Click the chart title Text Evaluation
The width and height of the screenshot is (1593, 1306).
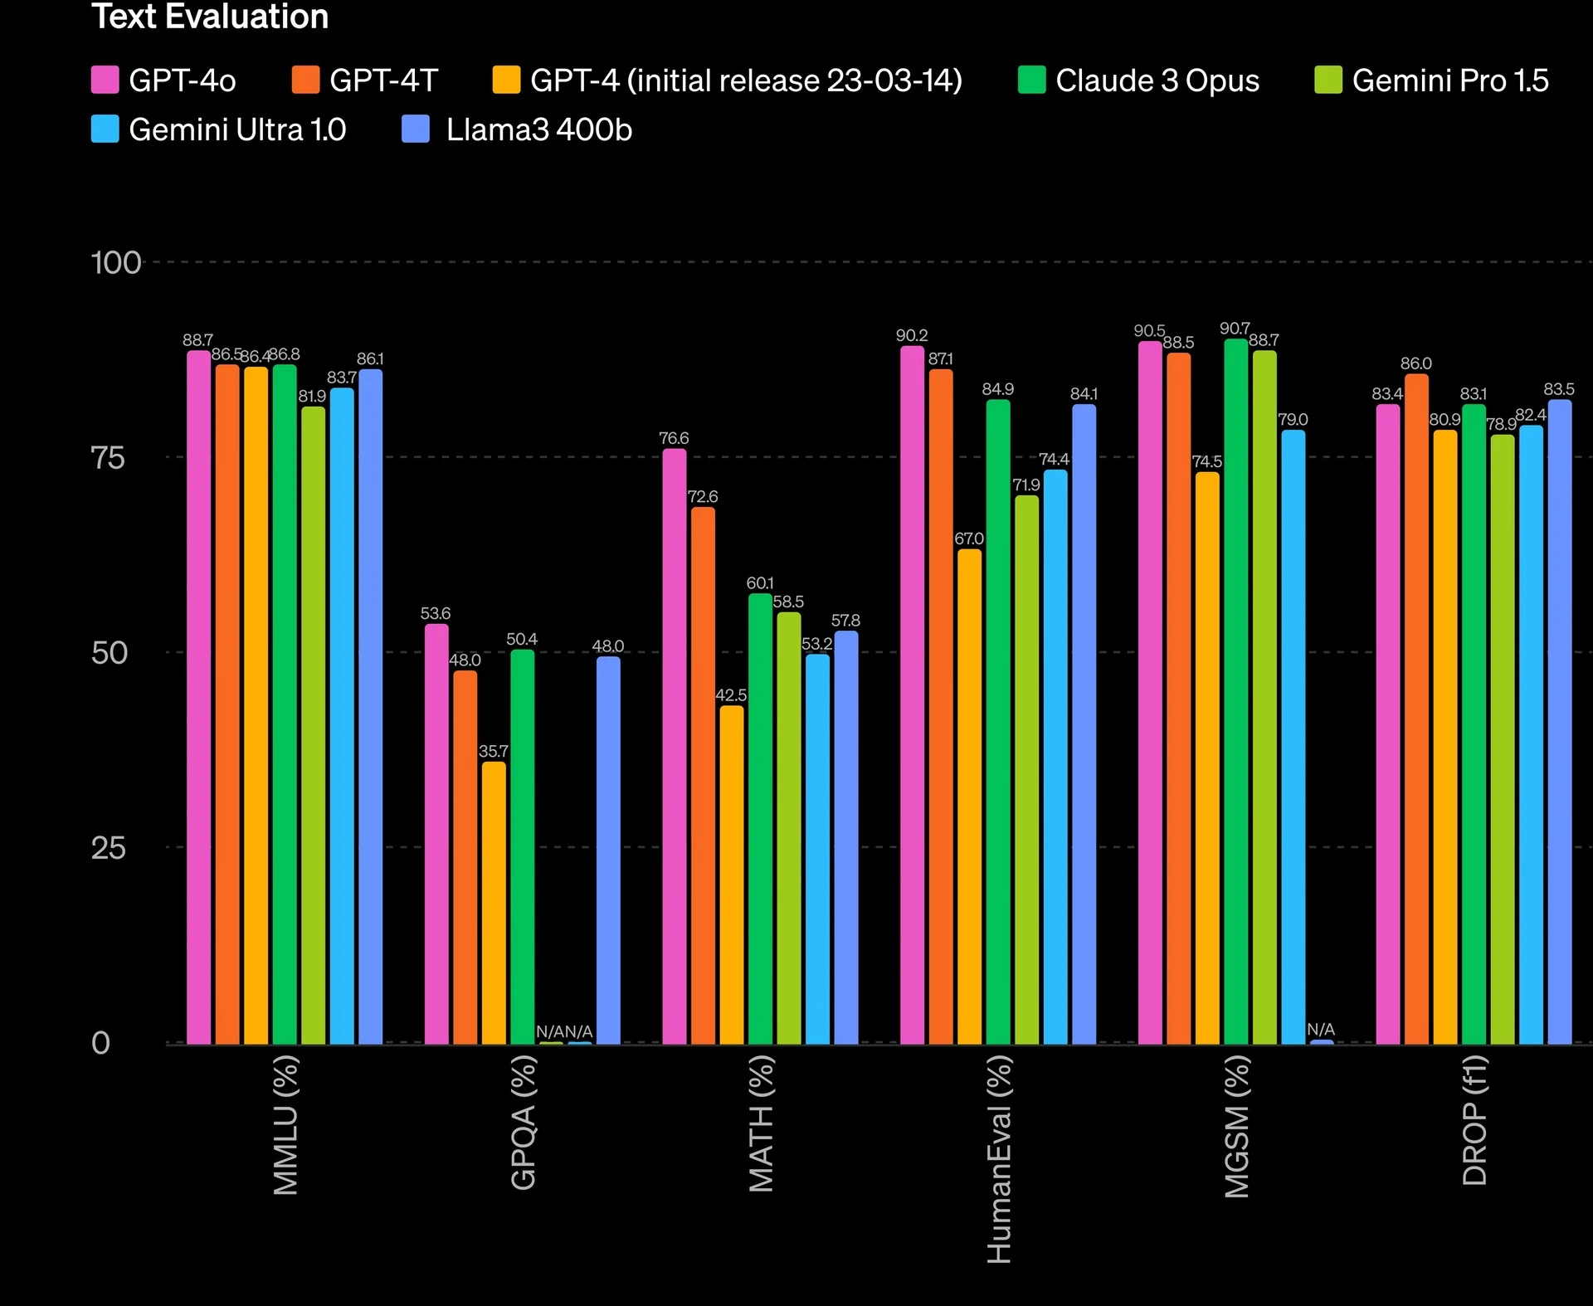coord(210,17)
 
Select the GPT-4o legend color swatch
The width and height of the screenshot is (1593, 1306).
coord(105,80)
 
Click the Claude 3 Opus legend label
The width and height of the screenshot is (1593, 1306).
coord(1157,80)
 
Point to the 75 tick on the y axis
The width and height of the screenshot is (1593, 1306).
coord(108,458)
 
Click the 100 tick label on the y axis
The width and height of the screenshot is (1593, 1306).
coord(115,263)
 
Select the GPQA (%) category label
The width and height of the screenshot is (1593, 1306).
coord(524,1122)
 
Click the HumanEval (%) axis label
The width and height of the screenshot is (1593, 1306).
coord(999,1159)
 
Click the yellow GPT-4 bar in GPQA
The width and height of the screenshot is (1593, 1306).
coord(494,902)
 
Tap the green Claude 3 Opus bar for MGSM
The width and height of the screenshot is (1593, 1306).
coord(1235,690)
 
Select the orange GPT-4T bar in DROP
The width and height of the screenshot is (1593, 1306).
coord(1416,709)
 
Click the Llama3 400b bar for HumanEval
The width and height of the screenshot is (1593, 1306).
coord(1084,724)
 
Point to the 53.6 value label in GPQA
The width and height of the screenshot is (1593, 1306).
coord(436,614)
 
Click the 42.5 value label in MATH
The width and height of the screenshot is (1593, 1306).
coord(731,695)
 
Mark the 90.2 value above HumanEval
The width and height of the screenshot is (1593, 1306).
coord(912,336)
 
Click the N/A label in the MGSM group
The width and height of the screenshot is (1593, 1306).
coord(1321,1030)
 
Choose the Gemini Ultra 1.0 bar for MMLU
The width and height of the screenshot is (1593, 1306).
coord(342,715)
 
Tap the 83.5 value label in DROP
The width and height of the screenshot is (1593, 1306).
coord(1559,389)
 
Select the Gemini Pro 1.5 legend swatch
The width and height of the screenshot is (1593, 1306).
coord(1328,80)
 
